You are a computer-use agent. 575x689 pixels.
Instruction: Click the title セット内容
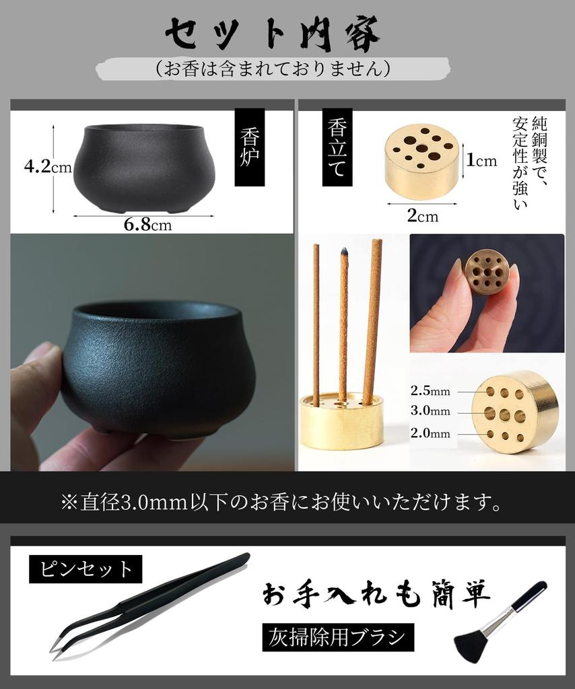pyautogui.click(x=273, y=33)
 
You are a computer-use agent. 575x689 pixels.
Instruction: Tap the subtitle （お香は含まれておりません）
pyautogui.click(x=273, y=69)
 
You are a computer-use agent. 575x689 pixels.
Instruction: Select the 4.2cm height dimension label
pyautogui.click(x=47, y=166)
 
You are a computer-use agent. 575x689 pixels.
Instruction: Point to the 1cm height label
pyautogui.click(x=481, y=160)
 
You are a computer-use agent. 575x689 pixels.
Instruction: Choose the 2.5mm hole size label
pyautogui.click(x=430, y=391)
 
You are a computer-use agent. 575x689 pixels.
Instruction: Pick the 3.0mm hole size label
pyautogui.click(x=430, y=411)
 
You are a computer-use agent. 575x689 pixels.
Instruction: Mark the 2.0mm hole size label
pyautogui.click(x=430, y=433)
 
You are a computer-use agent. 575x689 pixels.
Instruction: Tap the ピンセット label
pyautogui.click(x=86, y=569)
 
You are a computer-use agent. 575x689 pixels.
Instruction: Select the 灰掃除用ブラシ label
pyautogui.click(x=337, y=636)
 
